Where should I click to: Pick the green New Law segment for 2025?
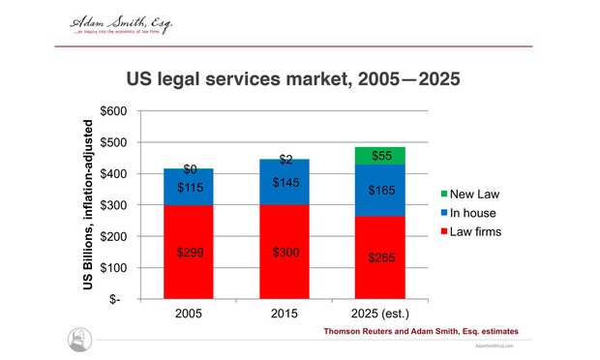point(379,156)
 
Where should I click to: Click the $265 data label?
point(379,257)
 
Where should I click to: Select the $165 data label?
point(379,192)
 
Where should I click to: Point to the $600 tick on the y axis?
point(114,111)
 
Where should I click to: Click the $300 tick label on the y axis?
point(114,205)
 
